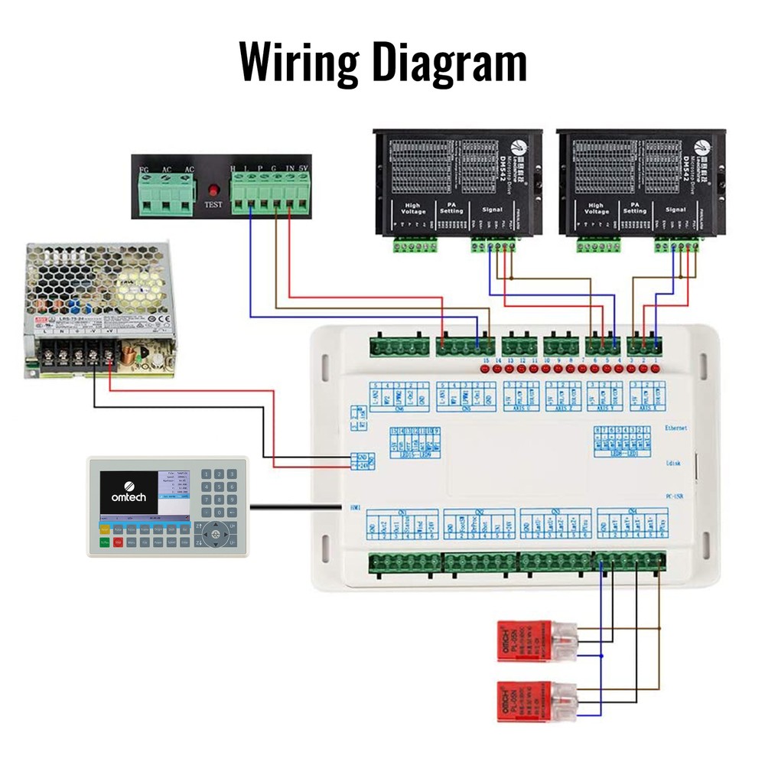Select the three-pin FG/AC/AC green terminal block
tap(164, 191)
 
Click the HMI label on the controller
tap(354, 506)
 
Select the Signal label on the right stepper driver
tap(675, 208)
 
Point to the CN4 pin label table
tap(631, 526)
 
